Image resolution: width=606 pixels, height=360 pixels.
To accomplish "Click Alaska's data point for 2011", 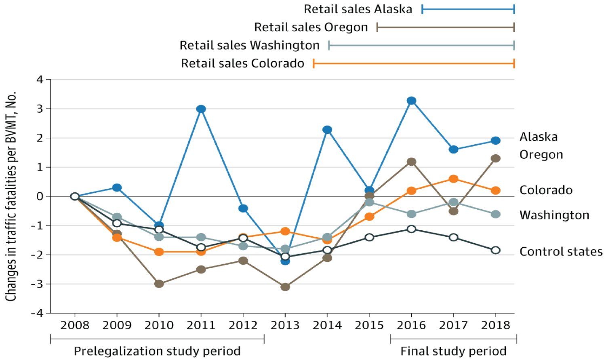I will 201,109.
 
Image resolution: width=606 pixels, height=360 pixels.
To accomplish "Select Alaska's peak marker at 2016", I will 411,101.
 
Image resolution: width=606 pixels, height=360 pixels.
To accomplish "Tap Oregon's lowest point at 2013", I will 285,287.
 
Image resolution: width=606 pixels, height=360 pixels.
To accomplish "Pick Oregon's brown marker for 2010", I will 159,284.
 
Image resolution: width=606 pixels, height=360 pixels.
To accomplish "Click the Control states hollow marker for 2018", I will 496,250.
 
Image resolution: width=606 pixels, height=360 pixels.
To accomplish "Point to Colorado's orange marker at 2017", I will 454,179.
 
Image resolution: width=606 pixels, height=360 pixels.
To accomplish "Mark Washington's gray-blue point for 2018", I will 496,214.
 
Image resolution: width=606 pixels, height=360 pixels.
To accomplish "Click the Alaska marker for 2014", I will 327,130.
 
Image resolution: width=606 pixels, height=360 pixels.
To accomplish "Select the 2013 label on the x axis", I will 285,325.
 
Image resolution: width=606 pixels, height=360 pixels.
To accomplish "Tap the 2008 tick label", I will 75,325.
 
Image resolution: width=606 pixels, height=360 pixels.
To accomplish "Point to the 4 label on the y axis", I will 40,80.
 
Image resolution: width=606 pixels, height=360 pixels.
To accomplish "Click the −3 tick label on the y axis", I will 37,284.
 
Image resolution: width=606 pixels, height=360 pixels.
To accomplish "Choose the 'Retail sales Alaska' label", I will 358,9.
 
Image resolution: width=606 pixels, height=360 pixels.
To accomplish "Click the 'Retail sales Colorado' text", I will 242,63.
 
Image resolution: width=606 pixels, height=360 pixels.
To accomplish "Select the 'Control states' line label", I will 561,252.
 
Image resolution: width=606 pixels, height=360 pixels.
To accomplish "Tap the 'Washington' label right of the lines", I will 554,215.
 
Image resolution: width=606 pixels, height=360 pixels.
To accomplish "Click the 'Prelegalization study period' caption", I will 157,351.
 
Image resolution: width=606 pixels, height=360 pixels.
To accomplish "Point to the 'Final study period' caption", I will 453,351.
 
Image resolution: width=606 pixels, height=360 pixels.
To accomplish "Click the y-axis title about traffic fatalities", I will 11,196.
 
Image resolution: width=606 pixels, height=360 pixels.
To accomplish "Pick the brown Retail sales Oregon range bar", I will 446,27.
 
